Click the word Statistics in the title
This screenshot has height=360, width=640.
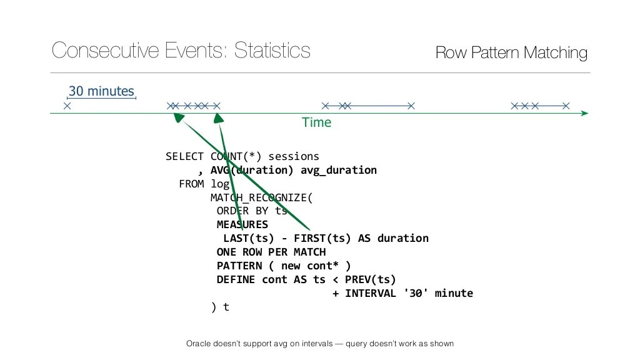tap(272, 51)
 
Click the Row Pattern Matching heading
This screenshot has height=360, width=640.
tap(511, 53)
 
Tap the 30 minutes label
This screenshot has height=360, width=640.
tap(101, 91)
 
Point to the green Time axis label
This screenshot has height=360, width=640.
tap(316, 122)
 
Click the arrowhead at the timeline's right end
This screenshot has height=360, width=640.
tap(584, 113)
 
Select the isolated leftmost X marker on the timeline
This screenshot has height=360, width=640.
tap(67, 106)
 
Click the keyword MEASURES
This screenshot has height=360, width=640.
tap(242, 224)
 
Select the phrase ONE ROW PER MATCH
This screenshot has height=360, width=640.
tap(271, 252)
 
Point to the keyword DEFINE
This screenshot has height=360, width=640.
tap(236, 279)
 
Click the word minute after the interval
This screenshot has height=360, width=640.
tap(453, 293)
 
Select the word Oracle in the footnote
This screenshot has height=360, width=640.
tap(199, 344)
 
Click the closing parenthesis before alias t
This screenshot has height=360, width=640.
tap(214, 307)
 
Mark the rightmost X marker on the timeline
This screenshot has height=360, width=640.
tap(566, 106)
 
